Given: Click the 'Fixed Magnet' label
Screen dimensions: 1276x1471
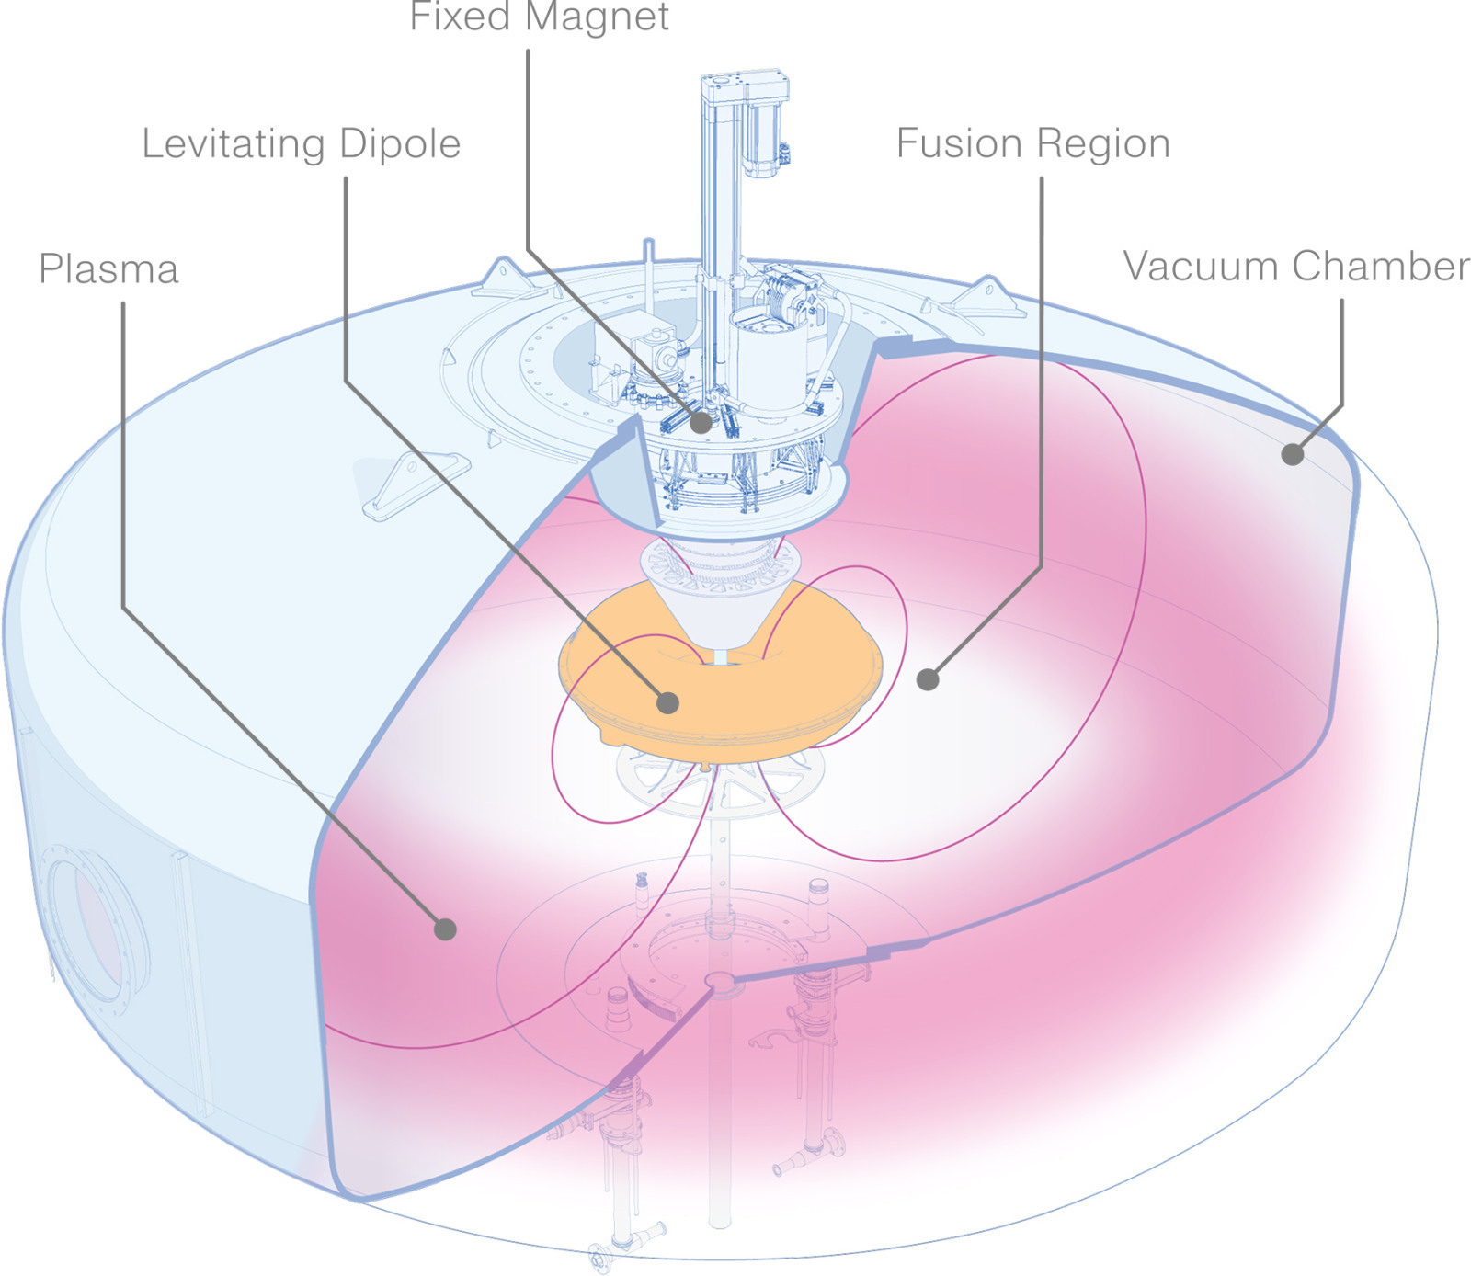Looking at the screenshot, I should (x=539, y=17).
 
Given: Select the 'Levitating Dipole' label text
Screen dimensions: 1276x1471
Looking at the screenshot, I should (x=301, y=143).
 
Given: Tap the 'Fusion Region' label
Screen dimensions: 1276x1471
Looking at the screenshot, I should (x=1032, y=143).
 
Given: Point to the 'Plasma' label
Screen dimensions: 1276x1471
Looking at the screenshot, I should (x=108, y=269).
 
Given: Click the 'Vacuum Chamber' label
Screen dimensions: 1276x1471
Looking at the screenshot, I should (x=1295, y=267).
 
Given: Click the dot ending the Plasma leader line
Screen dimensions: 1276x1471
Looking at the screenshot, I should (x=445, y=929).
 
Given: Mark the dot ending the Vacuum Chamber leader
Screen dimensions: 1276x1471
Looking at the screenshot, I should (x=1293, y=453).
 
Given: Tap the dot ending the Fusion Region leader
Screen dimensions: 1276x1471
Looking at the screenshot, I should (x=928, y=679).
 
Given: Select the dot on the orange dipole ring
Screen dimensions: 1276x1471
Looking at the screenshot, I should (x=668, y=703).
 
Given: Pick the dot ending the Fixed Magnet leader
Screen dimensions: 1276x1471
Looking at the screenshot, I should (x=701, y=423).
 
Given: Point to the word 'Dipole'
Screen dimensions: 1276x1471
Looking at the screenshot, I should (x=399, y=143).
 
